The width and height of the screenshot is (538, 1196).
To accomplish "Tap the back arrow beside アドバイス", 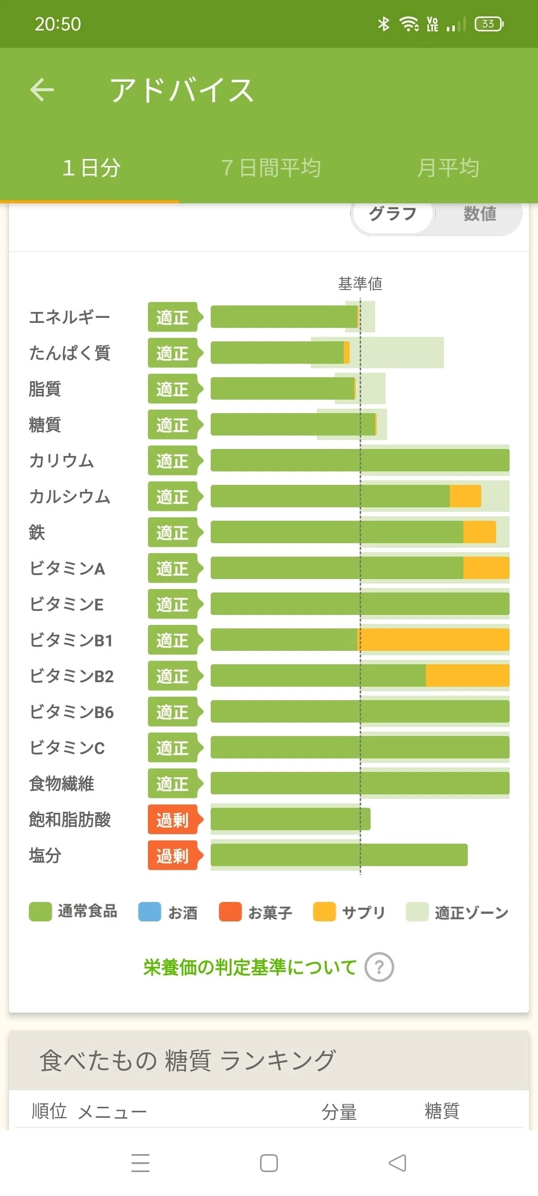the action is (42, 90).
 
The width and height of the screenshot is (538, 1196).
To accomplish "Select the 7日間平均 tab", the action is (270, 168).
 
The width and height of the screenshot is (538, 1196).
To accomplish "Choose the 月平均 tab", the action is (448, 168).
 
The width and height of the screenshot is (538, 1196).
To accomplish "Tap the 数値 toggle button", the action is (480, 214).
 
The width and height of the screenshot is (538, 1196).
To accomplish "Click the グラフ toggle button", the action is (393, 214).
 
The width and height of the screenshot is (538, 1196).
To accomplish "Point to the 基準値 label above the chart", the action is (360, 284).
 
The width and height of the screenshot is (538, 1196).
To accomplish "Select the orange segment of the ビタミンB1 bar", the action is (433, 640).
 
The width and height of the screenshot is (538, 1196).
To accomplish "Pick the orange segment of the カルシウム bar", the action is (465, 496).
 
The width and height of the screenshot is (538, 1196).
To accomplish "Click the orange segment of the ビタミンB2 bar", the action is (468, 676).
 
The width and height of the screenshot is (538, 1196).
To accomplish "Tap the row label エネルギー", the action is (69, 317).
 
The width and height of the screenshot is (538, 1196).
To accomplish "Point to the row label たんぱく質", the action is (69, 353).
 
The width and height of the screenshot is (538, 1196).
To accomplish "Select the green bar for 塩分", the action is (339, 855).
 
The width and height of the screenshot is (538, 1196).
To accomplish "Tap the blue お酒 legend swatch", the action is (149, 912).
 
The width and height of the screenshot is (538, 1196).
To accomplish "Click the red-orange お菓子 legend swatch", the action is (230, 912).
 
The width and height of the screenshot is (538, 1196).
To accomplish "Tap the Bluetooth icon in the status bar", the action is (384, 24).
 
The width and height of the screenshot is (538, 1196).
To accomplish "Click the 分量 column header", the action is (339, 1112).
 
